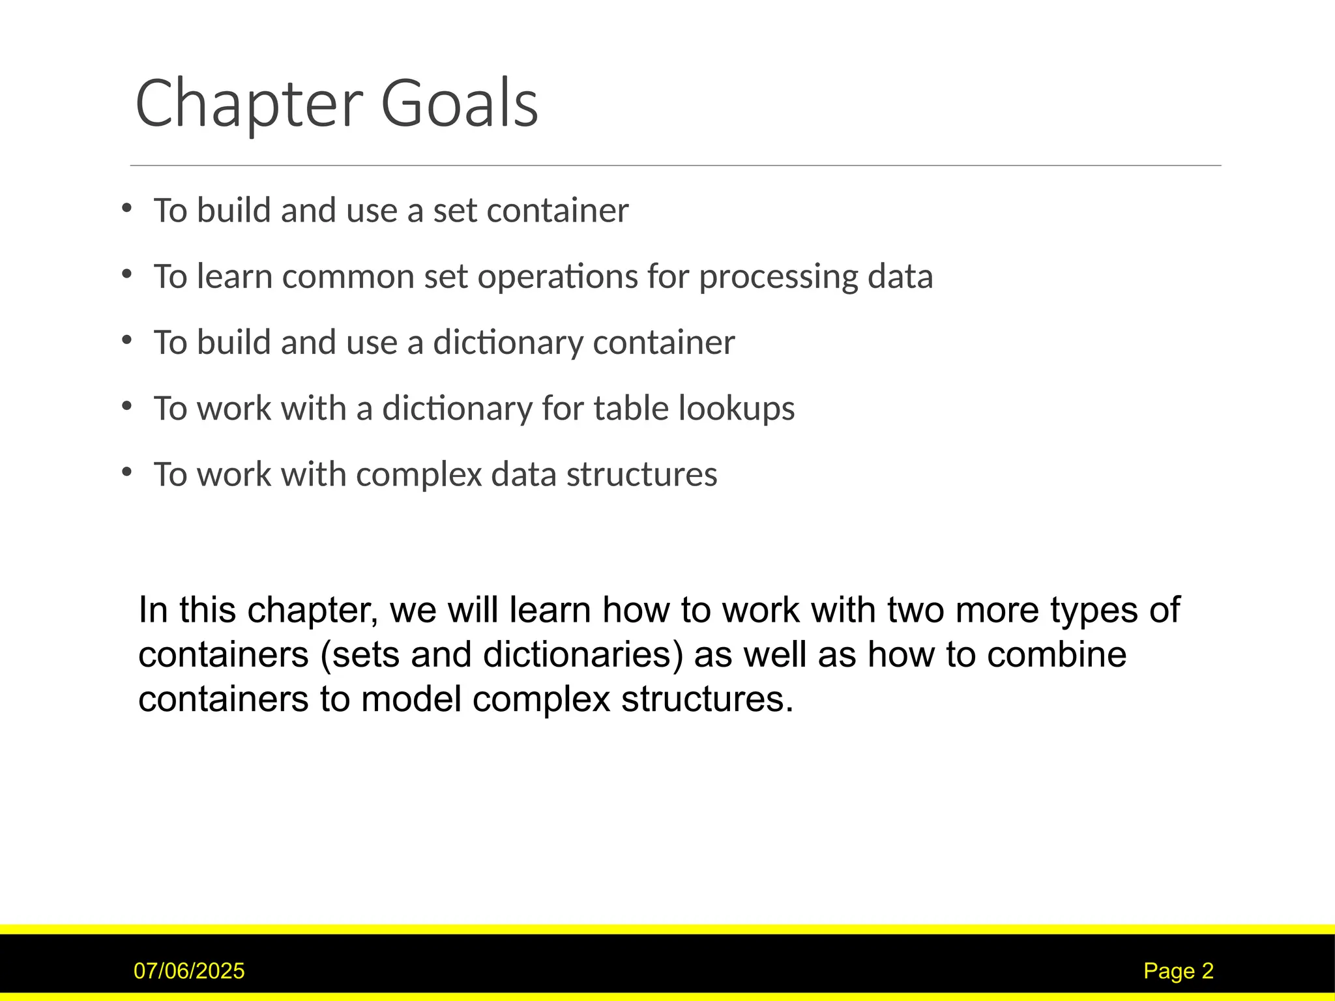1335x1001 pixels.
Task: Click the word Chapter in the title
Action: [x=248, y=104]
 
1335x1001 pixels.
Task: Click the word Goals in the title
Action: [x=459, y=104]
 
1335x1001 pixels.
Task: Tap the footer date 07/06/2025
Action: [x=189, y=971]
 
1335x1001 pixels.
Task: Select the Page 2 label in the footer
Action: [x=1179, y=971]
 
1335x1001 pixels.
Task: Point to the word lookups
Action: [x=736, y=409]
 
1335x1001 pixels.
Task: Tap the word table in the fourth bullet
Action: [x=630, y=409]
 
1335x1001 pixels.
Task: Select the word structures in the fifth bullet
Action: [x=641, y=474]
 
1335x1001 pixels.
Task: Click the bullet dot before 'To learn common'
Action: [x=126, y=274]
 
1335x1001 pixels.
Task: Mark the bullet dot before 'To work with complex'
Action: [x=126, y=472]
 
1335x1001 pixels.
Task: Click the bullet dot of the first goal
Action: [x=126, y=209]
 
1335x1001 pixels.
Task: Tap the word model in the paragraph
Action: [x=411, y=700]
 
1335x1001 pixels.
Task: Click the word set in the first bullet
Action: [x=454, y=210]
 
